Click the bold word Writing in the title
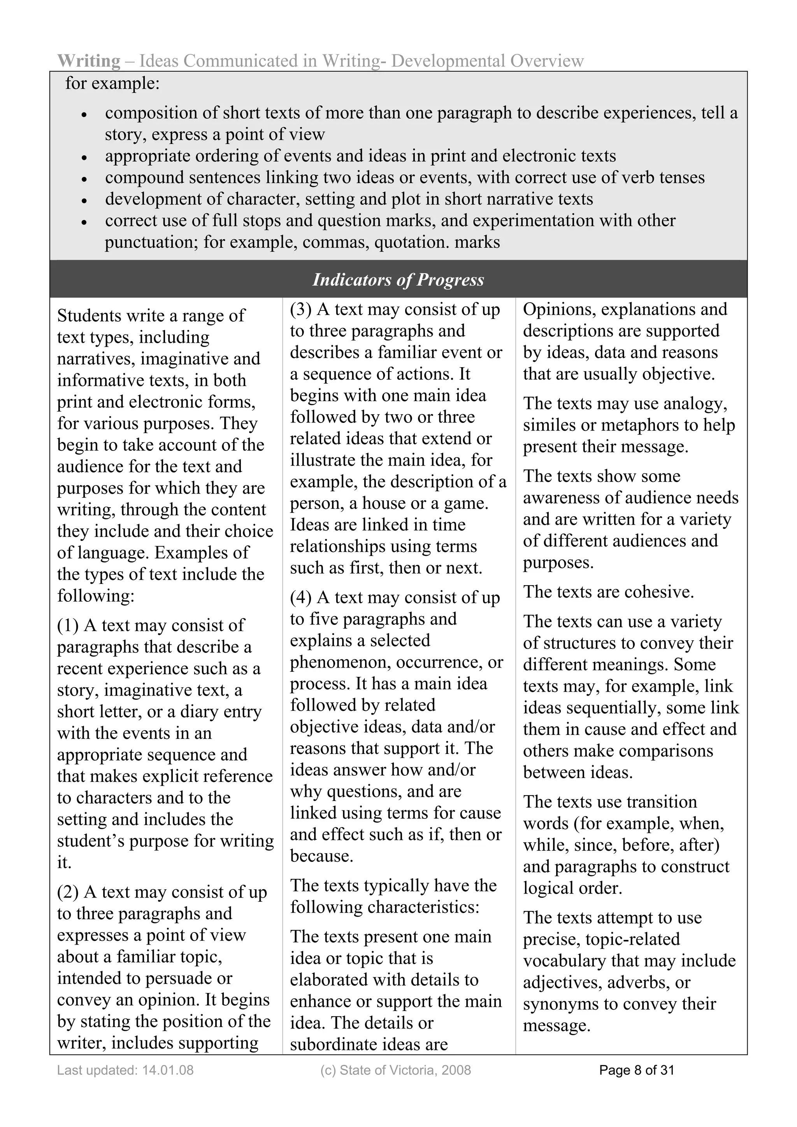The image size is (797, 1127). tap(88, 61)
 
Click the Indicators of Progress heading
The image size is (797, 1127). tap(398, 280)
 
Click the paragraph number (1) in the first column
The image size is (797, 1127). tap(68, 625)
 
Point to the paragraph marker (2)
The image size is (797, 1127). tap(68, 892)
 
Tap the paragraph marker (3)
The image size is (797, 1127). tap(300, 309)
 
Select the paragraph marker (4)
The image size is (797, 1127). tap(300, 598)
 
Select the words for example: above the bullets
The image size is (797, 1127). tap(112, 83)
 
